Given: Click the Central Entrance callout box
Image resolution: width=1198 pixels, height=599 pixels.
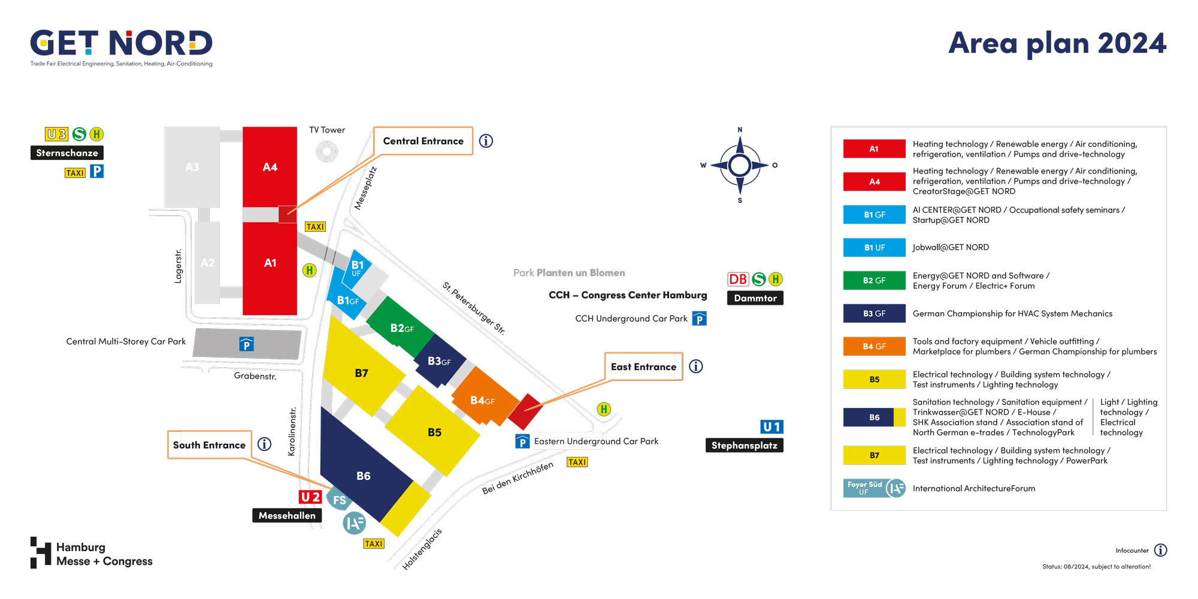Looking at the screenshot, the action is pyautogui.click(x=423, y=141).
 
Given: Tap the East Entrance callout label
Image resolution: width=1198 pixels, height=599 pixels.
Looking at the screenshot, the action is pyautogui.click(x=643, y=367).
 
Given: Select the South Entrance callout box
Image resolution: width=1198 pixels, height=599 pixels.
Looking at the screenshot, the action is pyautogui.click(x=209, y=445).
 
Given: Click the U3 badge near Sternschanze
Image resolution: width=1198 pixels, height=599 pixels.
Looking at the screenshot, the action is pyautogui.click(x=57, y=134).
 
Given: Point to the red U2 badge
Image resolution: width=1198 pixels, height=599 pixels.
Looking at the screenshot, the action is pyautogui.click(x=310, y=497).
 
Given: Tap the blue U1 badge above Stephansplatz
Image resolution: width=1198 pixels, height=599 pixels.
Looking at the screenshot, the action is pyautogui.click(x=772, y=427).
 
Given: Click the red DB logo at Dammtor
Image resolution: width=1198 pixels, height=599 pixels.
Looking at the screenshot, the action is pyautogui.click(x=738, y=279).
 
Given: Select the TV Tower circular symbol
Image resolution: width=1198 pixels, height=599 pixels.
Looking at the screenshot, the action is pyautogui.click(x=327, y=151).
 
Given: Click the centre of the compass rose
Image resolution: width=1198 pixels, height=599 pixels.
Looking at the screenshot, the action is pyautogui.click(x=740, y=165).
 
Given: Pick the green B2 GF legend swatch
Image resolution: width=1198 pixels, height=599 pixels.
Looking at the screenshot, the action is pyautogui.click(x=875, y=280).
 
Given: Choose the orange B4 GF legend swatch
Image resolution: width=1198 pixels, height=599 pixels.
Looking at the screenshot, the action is pyautogui.click(x=875, y=346).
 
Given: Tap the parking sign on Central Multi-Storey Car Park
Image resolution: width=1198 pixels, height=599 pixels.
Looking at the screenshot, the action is pyautogui.click(x=246, y=344).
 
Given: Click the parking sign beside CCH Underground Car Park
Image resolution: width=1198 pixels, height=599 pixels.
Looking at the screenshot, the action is pyautogui.click(x=699, y=319).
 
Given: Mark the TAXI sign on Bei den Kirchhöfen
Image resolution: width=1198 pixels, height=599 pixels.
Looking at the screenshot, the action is pyautogui.click(x=577, y=462).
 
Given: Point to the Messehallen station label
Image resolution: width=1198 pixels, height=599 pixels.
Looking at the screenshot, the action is pyautogui.click(x=287, y=516).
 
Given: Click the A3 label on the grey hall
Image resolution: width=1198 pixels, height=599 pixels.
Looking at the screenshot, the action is pyautogui.click(x=192, y=167).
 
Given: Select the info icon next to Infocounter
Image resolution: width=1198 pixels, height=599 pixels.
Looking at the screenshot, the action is pyautogui.click(x=1160, y=550).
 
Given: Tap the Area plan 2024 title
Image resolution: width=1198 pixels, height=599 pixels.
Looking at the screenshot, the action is pyautogui.click(x=1057, y=44).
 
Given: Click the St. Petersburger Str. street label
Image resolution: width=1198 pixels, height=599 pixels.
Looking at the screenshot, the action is pyautogui.click(x=474, y=308).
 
